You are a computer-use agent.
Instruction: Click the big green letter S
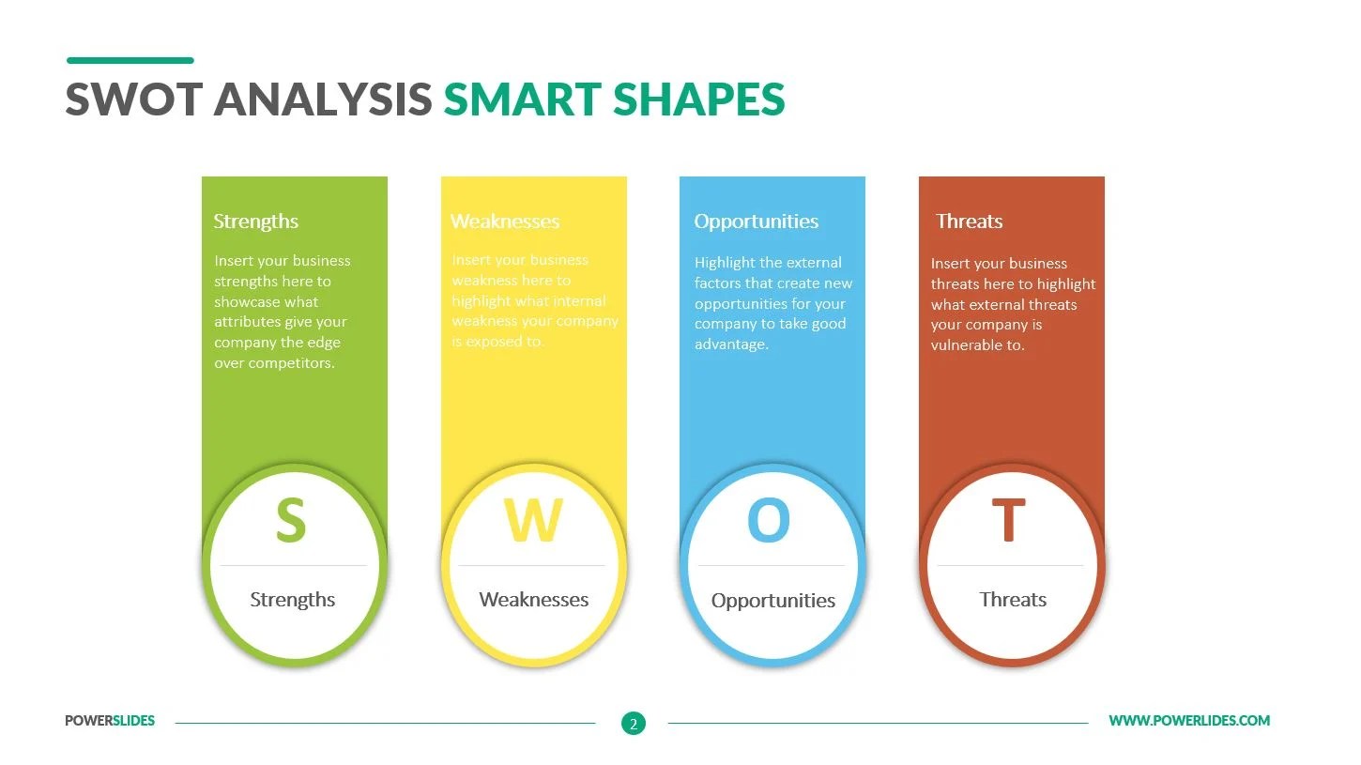click(291, 521)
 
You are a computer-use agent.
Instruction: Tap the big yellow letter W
click(533, 521)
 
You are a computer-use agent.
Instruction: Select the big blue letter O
click(768, 521)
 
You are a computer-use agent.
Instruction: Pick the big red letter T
click(1008, 521)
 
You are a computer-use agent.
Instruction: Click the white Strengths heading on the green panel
click(255, 222)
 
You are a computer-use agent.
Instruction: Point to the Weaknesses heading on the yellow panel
click(505, 222)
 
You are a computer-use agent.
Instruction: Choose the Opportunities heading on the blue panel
click(756, 222)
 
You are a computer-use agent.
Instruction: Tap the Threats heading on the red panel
click(969, 222)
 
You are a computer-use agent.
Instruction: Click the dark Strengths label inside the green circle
click(292, 600)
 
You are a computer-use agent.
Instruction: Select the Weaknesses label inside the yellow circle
click(533, 600)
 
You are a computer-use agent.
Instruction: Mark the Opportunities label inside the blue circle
click(772, 601)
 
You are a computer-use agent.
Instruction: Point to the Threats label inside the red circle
click(1013, 600)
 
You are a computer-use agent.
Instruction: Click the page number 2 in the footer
click(634, 724)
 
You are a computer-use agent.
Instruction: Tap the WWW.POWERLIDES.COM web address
click(1189, 721)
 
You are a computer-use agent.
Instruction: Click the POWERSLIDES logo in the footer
click(110, 721)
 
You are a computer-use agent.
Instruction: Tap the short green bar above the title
click(130, 60)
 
